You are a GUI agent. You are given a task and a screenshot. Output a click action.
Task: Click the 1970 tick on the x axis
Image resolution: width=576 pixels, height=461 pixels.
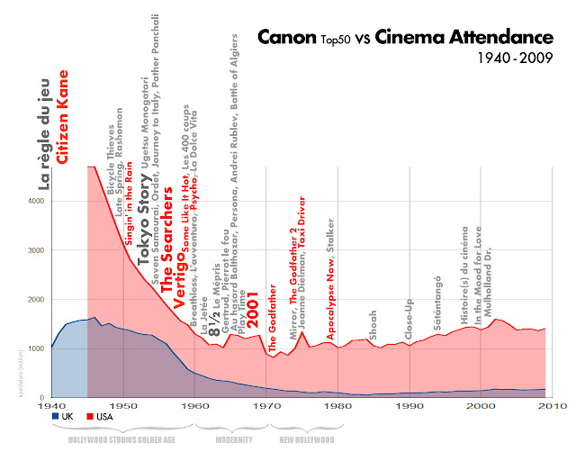click(x=267, y=406)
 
